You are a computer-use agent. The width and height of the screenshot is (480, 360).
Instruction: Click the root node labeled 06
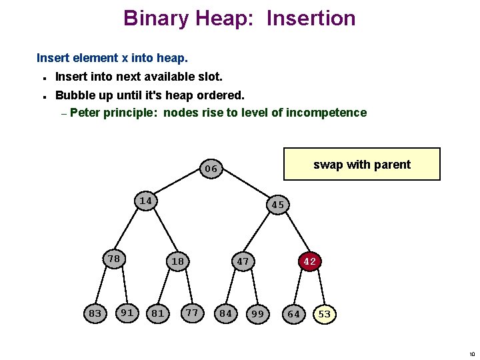[x=211, y=169]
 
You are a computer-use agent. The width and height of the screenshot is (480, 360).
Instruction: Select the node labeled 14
[x=145, y=201]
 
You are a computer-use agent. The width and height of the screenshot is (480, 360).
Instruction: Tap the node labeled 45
[x=278, y=205]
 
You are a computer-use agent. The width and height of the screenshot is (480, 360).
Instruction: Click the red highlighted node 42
[x=309, y=261]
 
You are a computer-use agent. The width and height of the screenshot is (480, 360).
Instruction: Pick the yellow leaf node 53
[x=325, y=313]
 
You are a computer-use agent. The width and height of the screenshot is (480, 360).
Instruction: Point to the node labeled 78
[x=114, y=259]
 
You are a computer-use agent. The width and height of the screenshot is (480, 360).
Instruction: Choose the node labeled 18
[x=177, y=261]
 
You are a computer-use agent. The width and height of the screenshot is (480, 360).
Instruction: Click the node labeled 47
[x=243, y=261]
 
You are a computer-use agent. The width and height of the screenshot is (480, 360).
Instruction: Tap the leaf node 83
[x=95, y=313]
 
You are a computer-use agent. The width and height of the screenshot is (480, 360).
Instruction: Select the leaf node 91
[x=127, y=311]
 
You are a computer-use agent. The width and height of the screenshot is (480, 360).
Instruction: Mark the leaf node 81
[x=158, y=313]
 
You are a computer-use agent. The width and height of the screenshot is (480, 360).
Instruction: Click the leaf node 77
[x=192, y=311]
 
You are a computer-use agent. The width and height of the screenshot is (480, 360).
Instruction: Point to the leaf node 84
[x=226, y=313]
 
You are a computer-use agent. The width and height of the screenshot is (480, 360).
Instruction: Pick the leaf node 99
[x=257, y=313]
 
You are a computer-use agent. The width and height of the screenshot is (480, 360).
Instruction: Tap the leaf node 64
[x=293, y=313]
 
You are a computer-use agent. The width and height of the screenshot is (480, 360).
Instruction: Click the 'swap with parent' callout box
[x=362, y=165]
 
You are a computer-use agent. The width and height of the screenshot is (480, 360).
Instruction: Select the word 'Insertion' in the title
[x=311, y=18]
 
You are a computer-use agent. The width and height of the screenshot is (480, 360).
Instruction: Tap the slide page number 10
[x=471, y=354]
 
